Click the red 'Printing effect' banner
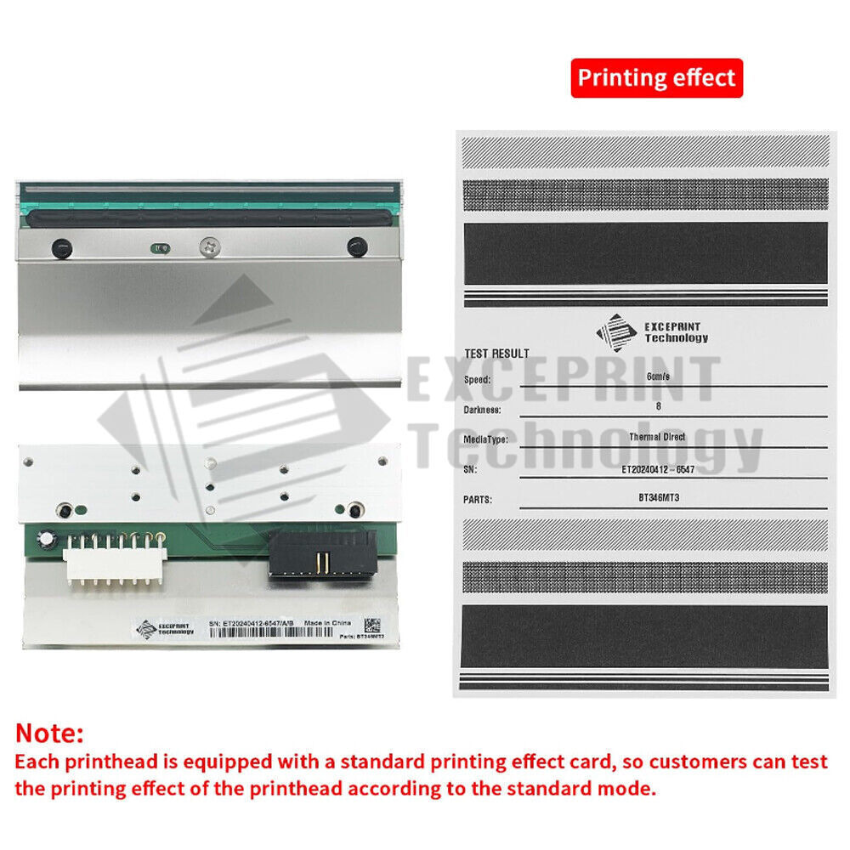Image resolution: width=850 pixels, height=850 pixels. click(x=656, y=78)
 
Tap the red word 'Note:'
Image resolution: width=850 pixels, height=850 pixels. click(x=50, y=733)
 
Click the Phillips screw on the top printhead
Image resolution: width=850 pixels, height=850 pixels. click(x=207, y=247)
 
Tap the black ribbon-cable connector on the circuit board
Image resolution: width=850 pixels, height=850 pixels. click(x=321, y=553)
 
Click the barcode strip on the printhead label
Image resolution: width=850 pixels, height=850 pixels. click(x=272, y=633)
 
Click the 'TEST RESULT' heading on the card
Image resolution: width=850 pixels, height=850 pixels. click(x=496, y=354)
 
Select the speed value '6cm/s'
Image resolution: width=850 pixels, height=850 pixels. click(x=659, y=377)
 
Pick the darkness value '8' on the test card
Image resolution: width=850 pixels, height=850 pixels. click(x=659, y=406)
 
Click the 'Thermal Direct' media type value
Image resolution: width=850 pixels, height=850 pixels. click(x=659, y=436)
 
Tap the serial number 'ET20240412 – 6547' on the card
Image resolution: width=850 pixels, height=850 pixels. click(x=659, y=467)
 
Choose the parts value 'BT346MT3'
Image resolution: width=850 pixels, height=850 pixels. click(x=659, y=498)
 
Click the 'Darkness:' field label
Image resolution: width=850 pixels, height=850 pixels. click(x=482, y=410)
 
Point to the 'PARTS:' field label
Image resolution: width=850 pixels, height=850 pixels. click(x=479, y=501)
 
